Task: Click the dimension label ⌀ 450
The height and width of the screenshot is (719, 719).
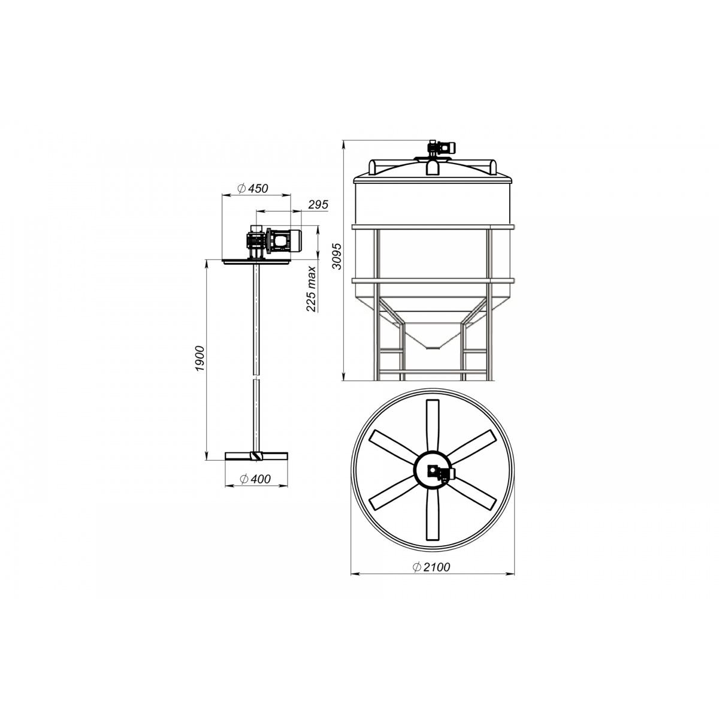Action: tap(253, 188)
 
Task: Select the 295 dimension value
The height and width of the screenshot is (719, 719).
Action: tap(318, 204)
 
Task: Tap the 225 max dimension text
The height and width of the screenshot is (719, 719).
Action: tap(311, 289)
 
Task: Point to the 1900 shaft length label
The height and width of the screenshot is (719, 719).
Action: tap(200, 358)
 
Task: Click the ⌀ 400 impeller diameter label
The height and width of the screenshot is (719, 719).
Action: tap(256, 479)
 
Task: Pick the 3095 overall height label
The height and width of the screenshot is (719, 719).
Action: tap(337, 256)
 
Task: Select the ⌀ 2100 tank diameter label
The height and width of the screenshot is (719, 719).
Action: tap(431, 567)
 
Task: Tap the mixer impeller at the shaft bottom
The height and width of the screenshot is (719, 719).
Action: tap(256, 456)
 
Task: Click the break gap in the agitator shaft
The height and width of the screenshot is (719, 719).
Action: tap(256, 376)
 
